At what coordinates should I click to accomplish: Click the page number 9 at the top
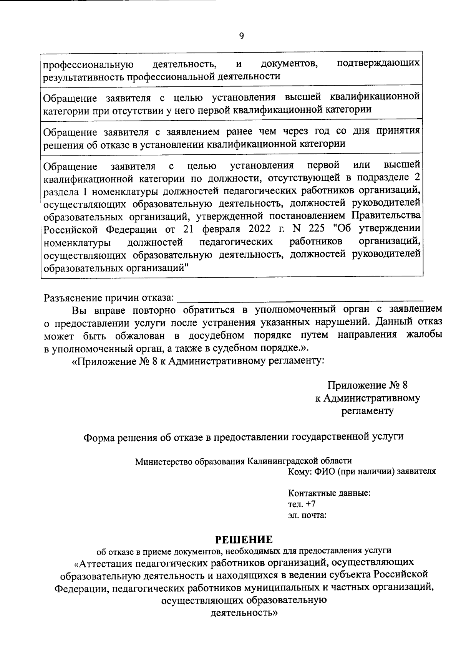(241, 36)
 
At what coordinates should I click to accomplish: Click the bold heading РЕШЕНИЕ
(244, 540)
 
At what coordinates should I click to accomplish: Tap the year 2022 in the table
(261, 229)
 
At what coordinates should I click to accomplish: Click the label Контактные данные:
(329, 493)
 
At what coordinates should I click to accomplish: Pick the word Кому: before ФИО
(299, 471)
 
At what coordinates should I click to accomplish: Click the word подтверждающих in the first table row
(378, 63)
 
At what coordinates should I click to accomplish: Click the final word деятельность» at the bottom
(244, 613)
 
